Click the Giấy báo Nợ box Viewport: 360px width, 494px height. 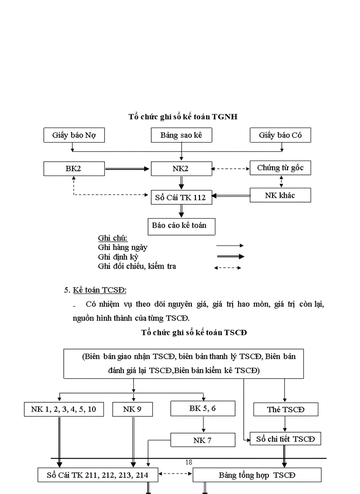[x=74, y=135]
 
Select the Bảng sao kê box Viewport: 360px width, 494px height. [x=181, y=135]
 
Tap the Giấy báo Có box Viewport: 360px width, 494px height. [x=281, y=135]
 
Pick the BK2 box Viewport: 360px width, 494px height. [x=74, y=168]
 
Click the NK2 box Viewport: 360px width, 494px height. [x=181, y=168]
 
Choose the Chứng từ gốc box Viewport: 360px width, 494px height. [x=281, y=168]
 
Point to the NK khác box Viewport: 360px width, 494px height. [x=281, y=195]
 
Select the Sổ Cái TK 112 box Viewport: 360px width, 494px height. [x=181, y=197]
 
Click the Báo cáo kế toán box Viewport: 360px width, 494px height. [x=181, y=226]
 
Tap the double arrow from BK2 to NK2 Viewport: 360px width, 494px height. [x=128, y=168]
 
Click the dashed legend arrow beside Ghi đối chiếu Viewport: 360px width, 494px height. [x=228, y=268]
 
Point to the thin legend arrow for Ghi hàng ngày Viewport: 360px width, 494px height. [x=229, y=246]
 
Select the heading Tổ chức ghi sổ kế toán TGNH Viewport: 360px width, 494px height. [x=183, y=117]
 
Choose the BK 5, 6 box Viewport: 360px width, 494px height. [x=203, y=409]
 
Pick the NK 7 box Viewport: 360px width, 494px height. [x=203, y=440]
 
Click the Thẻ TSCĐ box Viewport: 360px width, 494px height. [x=285, y=410]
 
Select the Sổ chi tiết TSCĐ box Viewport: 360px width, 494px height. [x=285, y=438]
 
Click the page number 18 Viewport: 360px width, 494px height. [x=188, y=462]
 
